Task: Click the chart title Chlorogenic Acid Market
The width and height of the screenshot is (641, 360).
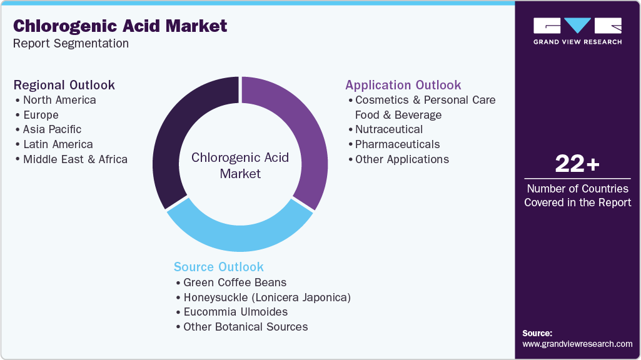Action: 120,26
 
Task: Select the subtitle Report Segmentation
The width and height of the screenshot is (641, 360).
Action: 71,44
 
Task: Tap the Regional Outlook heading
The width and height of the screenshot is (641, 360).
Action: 64,85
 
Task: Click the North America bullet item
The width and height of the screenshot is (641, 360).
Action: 59,100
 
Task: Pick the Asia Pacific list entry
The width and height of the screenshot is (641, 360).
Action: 52,129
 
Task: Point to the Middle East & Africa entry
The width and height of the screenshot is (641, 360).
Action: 75,159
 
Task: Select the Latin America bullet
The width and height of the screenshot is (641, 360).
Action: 58,144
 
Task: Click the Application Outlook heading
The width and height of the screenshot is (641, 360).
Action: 403,85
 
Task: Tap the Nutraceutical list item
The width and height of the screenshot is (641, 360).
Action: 388,129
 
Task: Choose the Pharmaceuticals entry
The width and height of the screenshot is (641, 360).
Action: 397,144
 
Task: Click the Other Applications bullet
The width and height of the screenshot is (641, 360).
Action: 401,159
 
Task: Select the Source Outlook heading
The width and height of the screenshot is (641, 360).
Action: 219,267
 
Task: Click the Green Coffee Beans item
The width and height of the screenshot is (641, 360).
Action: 235,282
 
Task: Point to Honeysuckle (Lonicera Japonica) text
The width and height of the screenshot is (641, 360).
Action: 266,297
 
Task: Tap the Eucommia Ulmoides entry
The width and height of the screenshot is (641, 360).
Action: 235,312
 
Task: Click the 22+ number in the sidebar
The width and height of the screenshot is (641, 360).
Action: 577,164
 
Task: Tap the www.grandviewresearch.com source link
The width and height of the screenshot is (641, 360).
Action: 577,344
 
